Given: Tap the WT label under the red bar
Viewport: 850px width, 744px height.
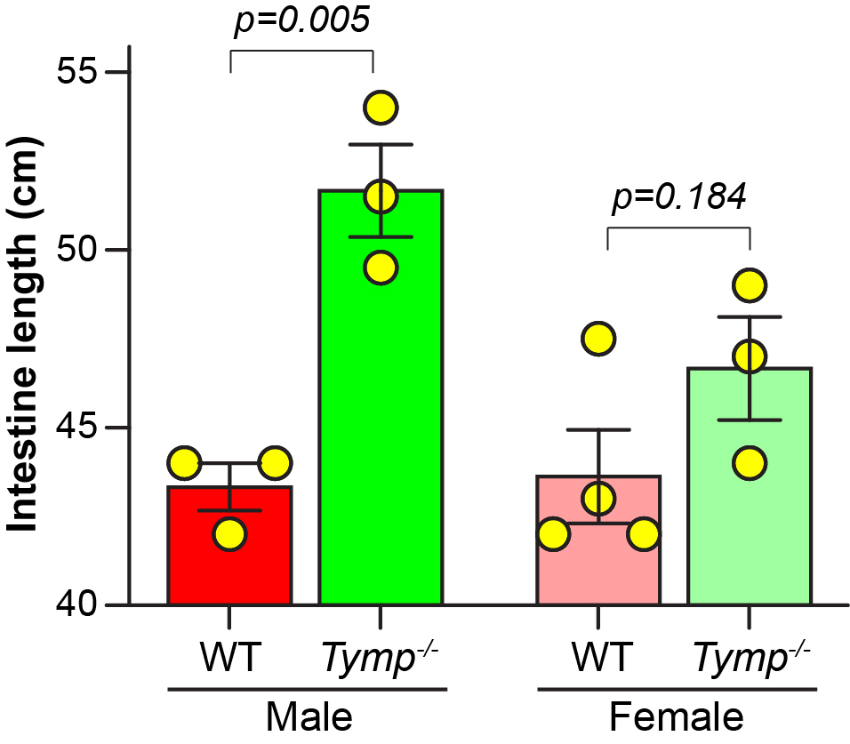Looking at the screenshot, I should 229,660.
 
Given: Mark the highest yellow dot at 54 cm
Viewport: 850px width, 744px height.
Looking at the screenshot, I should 381,108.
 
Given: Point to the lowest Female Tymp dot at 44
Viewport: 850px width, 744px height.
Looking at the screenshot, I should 750,463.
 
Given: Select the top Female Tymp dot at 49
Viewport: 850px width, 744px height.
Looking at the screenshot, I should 750,285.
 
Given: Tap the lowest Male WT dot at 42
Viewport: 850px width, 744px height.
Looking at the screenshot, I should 229,534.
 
